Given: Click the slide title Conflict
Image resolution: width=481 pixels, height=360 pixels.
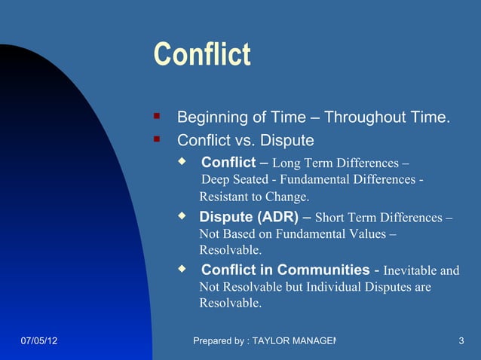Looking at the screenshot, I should click(201, 55).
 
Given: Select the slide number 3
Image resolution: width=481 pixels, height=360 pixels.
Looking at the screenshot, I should click(461, 342).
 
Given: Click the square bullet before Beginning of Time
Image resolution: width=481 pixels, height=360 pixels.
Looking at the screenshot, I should click(157, 117).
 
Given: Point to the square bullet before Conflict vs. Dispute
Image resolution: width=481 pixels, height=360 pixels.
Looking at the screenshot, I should click(157, 139).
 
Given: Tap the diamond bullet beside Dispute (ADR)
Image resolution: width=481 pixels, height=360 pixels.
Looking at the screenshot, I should click(181, 216).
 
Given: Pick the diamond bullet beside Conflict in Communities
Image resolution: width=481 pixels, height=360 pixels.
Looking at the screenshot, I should click(181, 269).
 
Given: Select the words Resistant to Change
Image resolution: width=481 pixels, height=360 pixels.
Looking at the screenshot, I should click(254, 197).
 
